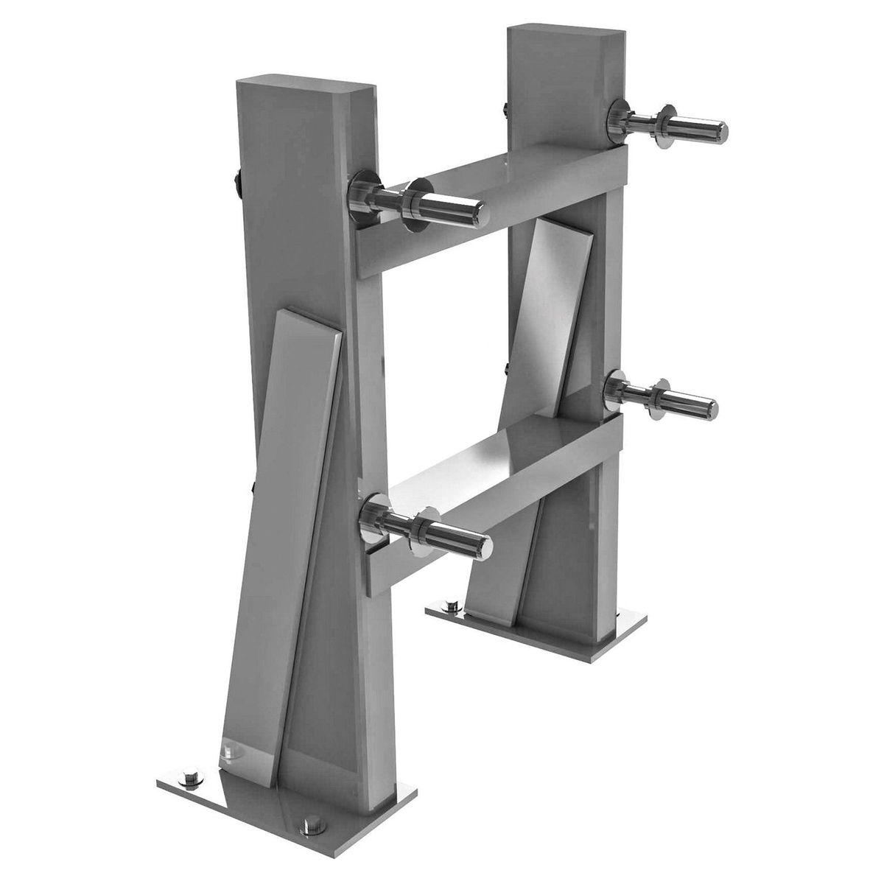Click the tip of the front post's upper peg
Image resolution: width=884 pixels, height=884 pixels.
tap(480, 211)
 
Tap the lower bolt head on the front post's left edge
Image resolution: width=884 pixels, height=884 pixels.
tap(252, 487)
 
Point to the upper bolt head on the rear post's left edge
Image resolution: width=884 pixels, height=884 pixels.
tap(503, 110)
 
